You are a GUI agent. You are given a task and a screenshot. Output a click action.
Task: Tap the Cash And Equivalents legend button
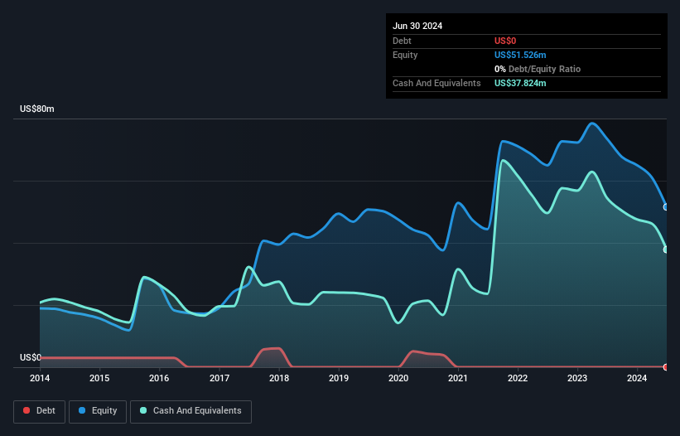click(x=190, y=410)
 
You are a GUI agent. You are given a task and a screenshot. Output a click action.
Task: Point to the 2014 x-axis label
click(x=40, y=379)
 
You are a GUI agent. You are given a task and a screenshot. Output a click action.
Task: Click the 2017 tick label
click(x=219, y=379)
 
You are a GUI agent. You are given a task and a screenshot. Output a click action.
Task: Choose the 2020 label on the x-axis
click(x=398, y=379)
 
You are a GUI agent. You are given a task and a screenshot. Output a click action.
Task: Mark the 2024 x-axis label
click(x=637, y=379)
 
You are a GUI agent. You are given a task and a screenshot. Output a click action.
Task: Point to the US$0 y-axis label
click(x=30, y=358)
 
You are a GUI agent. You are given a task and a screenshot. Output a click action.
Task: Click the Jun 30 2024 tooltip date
click(x=417, y=26)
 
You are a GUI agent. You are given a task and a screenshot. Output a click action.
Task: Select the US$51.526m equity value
click(x=520, y=55)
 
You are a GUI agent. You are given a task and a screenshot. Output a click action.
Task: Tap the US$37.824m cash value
click(x=520, y=83)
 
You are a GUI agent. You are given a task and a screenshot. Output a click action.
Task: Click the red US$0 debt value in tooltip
click(x=506, y=41)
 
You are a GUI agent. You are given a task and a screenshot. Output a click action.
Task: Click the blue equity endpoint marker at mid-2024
click(x=666, y=206)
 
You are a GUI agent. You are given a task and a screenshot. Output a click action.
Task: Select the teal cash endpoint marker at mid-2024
click(x=666, y=249)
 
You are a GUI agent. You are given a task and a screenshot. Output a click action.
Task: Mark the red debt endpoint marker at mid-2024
click(x=666, y=366)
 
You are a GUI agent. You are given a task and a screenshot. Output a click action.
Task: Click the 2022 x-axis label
click(x=518, y=379)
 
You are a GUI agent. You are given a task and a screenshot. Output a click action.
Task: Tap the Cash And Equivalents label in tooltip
click(x=436, y=83)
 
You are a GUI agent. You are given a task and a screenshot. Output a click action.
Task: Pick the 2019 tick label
click(x=339, y=379)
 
